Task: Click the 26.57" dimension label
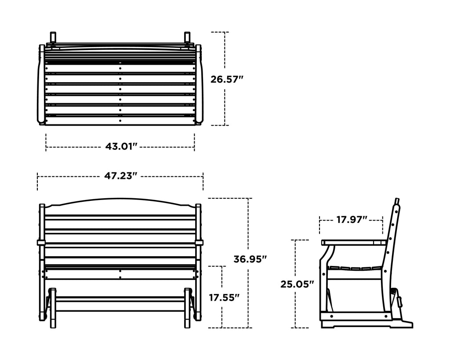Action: (x=227, y=80)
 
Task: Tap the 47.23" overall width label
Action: (x=120, y=176)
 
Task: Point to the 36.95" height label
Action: (x=250, y=259)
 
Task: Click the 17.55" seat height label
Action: (x=224, y=298)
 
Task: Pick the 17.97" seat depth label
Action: (x=352, y=220)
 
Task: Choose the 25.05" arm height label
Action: (x=297, y=284)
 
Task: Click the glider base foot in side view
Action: (x=400, y=324)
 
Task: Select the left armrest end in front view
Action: (x=40, y=242)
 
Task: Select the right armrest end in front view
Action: (x=200, y=242)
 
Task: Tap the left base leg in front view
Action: (x=52, y=308)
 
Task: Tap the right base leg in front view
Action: (x=188, y=308)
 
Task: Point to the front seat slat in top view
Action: (x=120, y=120)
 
